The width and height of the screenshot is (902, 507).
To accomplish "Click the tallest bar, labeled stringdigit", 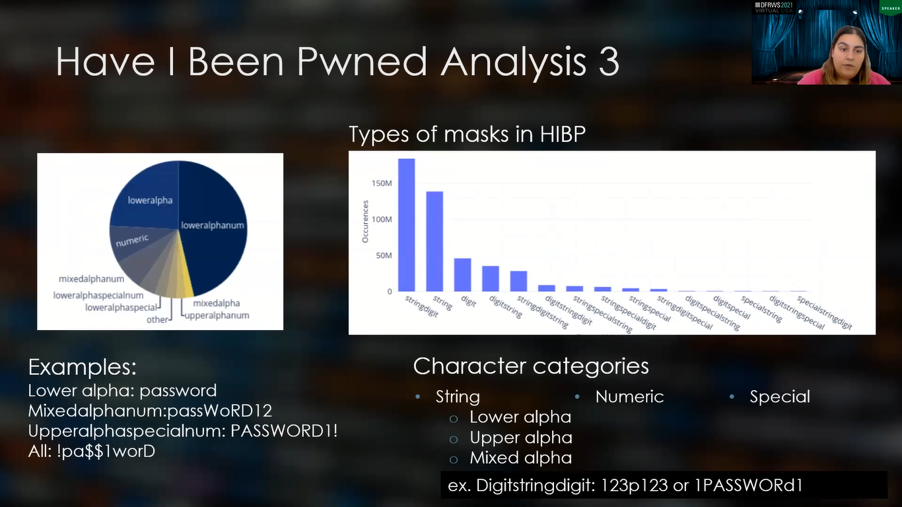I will (406, 224).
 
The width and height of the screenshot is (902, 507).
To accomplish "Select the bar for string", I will (434, 241).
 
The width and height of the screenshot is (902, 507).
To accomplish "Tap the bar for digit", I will (462, 275).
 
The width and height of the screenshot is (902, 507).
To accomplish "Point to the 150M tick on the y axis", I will (382, 183).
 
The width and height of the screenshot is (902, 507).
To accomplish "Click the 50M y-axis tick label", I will (384, 255).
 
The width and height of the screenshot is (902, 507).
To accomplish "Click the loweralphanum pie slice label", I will (213, 225).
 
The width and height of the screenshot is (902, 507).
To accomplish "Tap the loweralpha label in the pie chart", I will (150, 200).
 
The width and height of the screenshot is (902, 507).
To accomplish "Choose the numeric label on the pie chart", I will (133, 241).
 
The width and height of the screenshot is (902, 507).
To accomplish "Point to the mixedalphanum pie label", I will (91, 279).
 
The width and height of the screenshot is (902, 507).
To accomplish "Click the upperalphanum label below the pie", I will (217, 316).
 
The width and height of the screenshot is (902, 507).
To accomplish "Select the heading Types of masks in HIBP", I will (467, 134).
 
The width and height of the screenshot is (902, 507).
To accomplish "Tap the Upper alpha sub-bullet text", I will (520, 438).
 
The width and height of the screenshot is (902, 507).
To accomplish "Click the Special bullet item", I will (779, 397).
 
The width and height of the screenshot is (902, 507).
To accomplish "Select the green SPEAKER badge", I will (890, 9).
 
